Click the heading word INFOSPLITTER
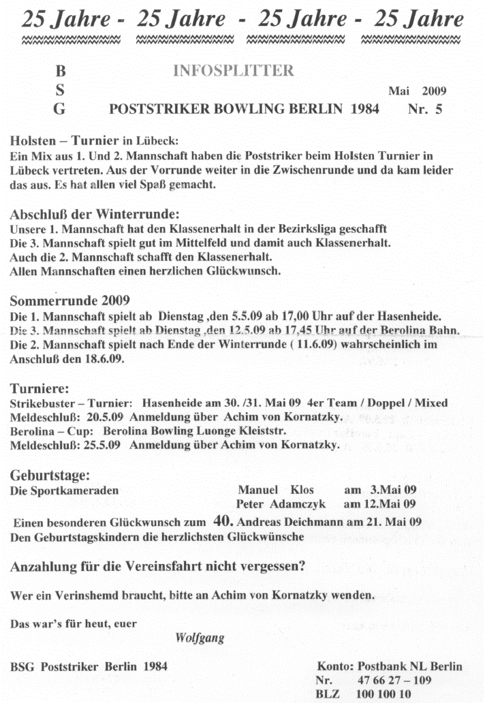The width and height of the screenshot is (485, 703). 234,70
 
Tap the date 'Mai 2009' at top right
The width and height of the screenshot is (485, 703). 418,89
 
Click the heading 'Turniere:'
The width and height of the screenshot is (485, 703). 39,389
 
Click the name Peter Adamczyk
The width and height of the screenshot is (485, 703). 281,505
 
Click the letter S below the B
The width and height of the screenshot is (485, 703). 60,89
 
